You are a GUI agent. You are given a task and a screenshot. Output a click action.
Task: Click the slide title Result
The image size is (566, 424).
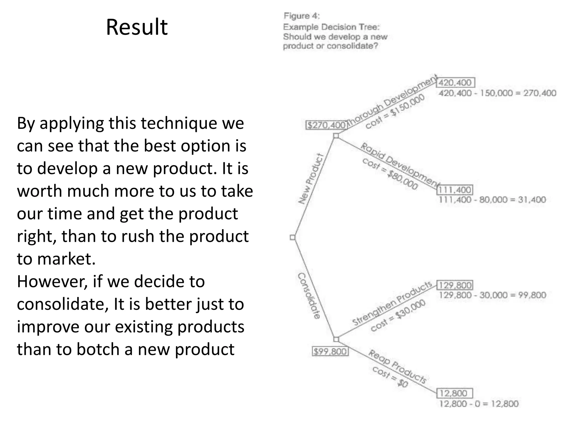coord(137,27)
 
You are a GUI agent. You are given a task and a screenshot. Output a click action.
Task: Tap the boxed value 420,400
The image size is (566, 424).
coord(455,83)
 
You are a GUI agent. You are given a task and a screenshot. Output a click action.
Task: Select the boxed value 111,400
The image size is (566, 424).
coord(455,190)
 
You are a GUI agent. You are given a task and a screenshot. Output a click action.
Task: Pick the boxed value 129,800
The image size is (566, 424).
coord(455,285)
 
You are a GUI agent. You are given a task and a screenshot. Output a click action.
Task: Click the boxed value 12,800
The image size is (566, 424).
coord(455,393)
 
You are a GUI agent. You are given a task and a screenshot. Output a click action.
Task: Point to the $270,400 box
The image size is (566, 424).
coord(326,125)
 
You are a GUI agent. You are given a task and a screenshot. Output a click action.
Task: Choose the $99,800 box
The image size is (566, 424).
coord(330,351)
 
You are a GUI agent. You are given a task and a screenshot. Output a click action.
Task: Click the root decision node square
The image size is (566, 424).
coord(292,237)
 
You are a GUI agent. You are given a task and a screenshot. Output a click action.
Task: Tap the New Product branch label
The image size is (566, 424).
coord(311,179)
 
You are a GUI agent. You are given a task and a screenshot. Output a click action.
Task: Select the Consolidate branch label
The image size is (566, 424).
coord(309,296)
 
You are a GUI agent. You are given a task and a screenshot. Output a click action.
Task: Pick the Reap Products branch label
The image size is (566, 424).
coord(397,366)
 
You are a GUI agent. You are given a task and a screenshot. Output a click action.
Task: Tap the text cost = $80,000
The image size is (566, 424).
coord(390,174)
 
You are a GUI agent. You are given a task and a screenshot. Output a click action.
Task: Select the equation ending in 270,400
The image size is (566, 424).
coord(497,93)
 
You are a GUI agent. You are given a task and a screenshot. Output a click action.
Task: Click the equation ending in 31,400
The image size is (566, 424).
coord(492,200)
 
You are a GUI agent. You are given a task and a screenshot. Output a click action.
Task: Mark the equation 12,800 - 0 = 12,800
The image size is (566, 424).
coord(479,404)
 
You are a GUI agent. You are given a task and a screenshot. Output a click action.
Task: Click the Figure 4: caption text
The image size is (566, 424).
coord(302,16)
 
